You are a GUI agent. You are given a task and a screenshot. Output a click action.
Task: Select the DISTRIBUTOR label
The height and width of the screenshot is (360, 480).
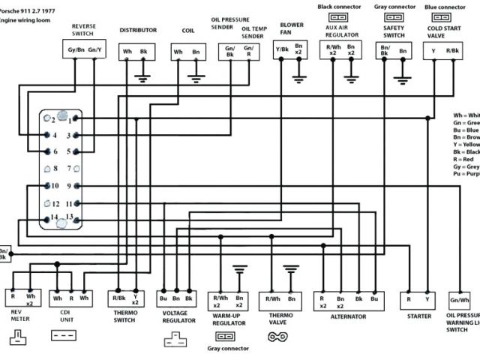pyautogui.click(x=138, y=30)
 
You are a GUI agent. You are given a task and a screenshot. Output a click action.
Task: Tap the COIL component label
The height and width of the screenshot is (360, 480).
pyautogui.click(x=187, y=30)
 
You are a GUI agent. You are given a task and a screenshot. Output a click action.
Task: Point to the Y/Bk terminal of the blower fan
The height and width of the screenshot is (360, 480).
pyautogui.click(x=281, y=50)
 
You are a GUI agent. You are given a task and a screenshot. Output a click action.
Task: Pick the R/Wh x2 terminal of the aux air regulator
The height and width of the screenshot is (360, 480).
pyautogui.click(x=331, y=51)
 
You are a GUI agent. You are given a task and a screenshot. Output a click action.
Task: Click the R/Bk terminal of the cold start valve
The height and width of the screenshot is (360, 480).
pyautogui.click(x=453, y=50)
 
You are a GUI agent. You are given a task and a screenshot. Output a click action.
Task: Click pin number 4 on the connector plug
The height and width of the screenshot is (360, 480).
pyautogui.click(x=55, y=136)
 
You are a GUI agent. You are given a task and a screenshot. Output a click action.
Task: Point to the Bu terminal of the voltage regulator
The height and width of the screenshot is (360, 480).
pyautogui.click(x=163, y=298)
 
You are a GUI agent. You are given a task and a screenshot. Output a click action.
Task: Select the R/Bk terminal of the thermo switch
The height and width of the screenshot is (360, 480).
pyautogui.click(x=118, y=298)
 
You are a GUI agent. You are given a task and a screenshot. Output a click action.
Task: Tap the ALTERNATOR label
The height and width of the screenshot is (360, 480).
pyautogui.click(x=348, y=317)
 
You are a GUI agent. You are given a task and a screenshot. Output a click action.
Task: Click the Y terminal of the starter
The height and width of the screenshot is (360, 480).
pyautogui.click(x=428, y=298)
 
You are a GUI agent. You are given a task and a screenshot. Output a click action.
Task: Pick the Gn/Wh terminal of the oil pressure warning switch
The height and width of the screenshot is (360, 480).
pyautogui.click(x=460, y=300)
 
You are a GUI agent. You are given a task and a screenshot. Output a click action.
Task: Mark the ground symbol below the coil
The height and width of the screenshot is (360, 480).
pyautogui.click(x=196, y=77)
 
